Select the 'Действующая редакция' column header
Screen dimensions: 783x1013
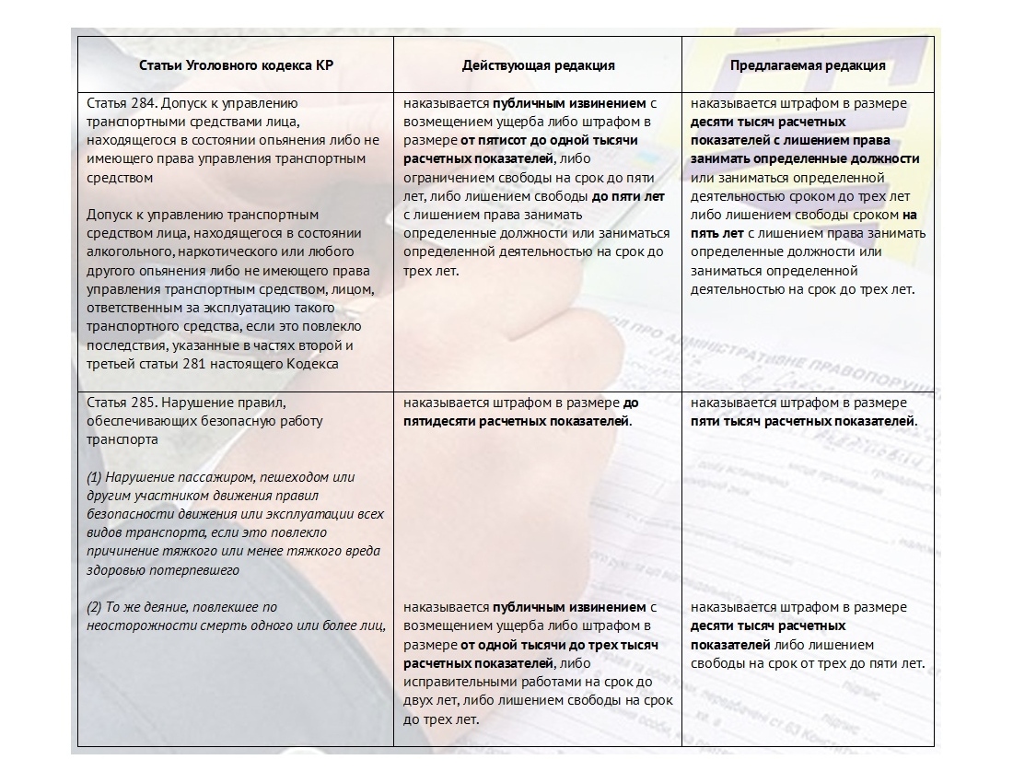tap(539, 65)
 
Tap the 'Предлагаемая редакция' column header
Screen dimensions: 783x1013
tap(808, 65)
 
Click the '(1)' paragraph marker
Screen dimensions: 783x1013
tap(95, 477)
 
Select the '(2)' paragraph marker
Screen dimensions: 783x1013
tap(95, 607)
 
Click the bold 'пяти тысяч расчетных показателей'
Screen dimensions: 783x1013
tap(804, 421)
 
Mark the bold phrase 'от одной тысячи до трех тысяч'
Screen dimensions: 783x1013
tap(559, 645)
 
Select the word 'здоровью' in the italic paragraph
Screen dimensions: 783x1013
tap(115, 570)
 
